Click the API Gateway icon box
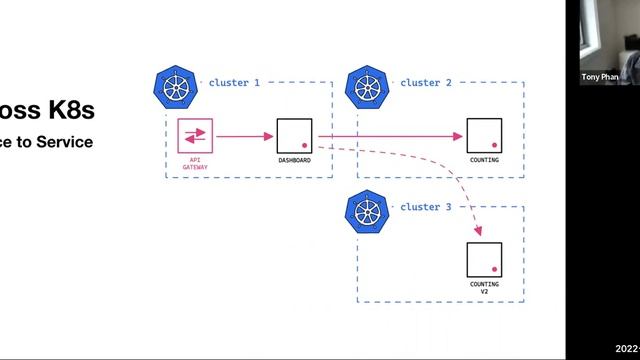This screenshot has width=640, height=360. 195,136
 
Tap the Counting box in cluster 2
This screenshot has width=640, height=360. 484,136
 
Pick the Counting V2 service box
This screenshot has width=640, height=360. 484,259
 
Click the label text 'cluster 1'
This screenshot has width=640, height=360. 234,83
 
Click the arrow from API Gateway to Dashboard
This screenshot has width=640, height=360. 244,136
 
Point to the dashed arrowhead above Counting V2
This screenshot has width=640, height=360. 478,231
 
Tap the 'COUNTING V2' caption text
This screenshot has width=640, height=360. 484,289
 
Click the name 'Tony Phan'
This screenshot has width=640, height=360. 600,76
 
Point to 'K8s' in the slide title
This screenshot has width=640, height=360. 70,111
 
